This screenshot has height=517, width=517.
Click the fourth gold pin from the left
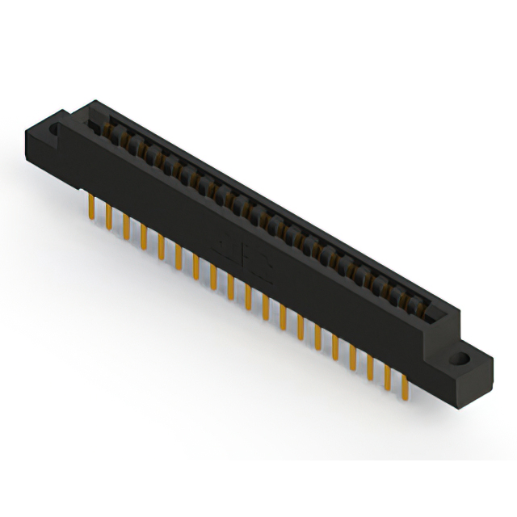click(x=144, y=234)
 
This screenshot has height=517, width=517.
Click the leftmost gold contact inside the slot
click(x=107, y=129)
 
